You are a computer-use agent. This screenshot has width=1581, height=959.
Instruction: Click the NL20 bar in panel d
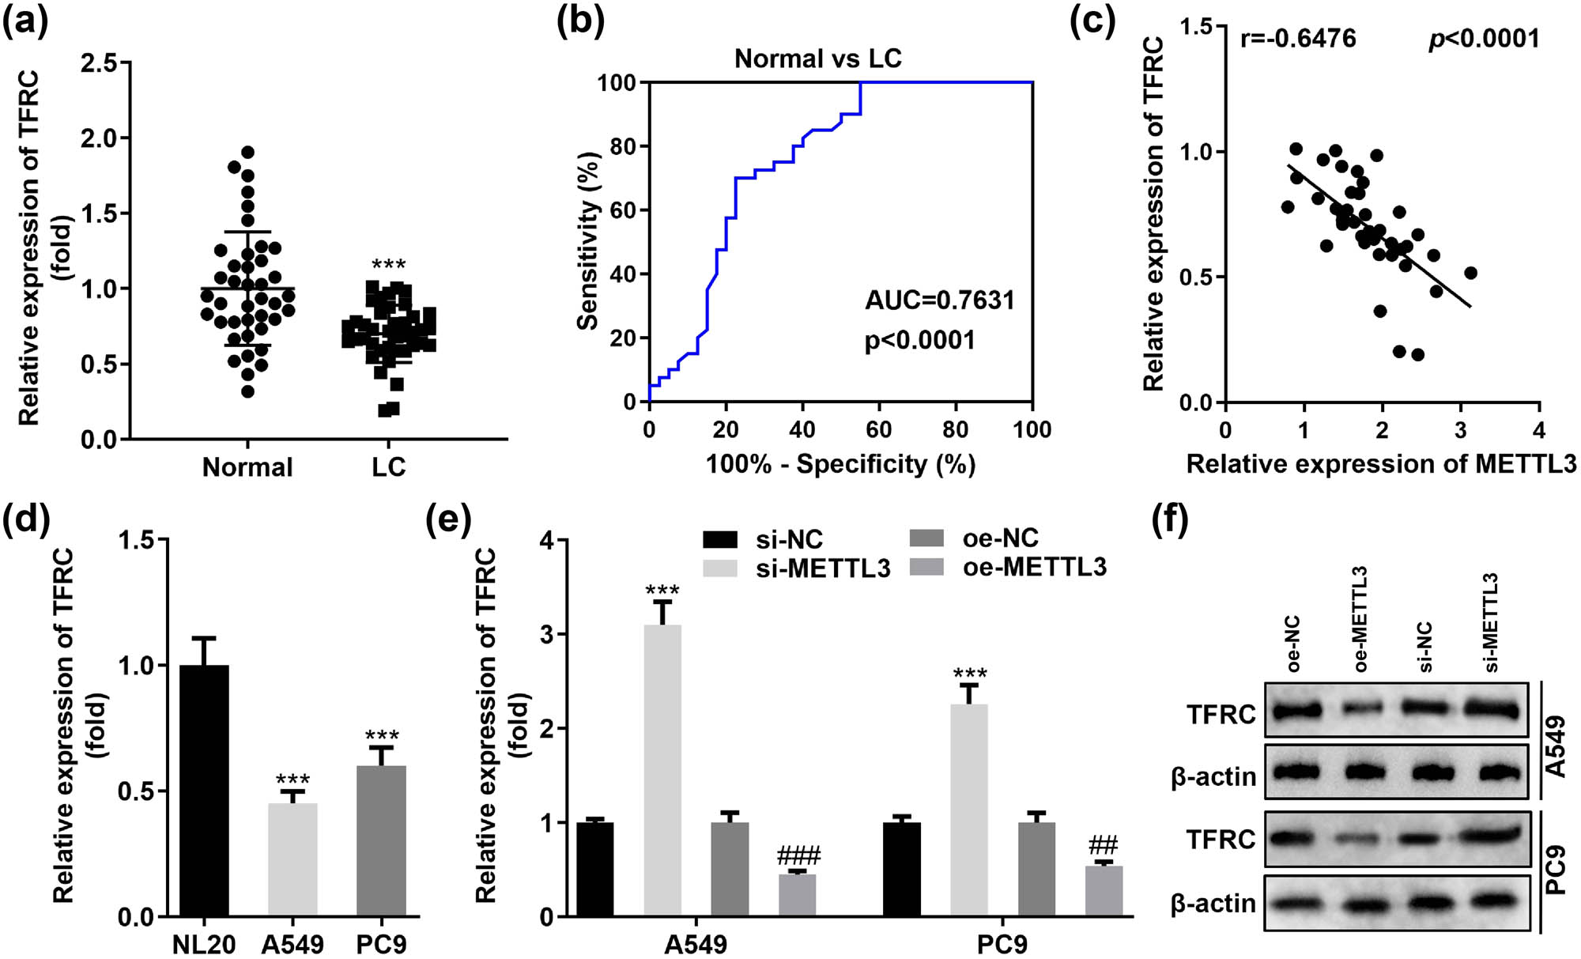tap(205, 791)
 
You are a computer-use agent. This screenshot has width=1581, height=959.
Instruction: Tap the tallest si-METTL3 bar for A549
tap(662, 771)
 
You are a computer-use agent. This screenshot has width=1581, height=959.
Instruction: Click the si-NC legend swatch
tap(719, 540)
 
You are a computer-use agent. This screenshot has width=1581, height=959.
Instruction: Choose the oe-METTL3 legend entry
tap(1034, 568)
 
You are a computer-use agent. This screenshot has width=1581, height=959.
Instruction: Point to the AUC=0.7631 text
tap(939, 300)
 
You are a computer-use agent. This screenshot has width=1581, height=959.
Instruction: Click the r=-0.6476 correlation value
tap(1298, 38)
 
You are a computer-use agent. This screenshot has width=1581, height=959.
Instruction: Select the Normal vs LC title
tap(817, 59)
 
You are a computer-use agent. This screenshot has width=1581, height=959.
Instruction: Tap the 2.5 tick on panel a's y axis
tap(100, 62)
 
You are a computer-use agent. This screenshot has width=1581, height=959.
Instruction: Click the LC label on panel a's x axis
tap(388, 467)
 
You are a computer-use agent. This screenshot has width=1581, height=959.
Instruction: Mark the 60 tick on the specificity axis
tap(878, 430)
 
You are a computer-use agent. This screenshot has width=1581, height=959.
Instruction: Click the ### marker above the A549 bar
tap(798, 855)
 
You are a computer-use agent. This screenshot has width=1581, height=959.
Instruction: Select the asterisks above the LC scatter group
tap(388, 265)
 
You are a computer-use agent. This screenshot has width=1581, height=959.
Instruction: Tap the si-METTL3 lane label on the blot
tap(1491, 625)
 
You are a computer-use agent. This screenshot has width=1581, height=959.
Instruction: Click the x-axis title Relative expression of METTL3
tap(1381, 464)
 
